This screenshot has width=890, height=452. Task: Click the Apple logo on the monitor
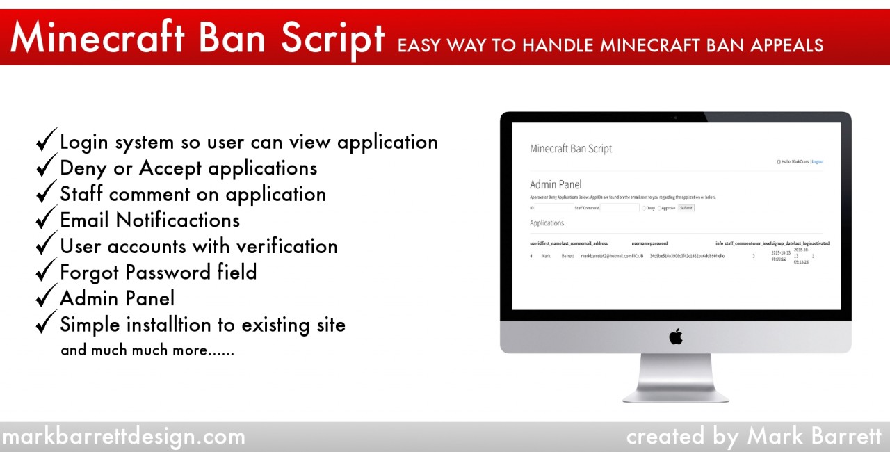(x=676, y=337)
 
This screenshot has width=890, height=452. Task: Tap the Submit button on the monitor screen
(x=686, y=208)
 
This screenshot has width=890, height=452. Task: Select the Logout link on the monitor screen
(x=818, y=161)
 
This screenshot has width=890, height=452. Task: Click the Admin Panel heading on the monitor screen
(x=556, y=184)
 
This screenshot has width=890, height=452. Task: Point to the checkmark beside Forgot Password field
(x=47, y=271)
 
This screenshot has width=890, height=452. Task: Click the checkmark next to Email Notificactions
(x=47, y=219)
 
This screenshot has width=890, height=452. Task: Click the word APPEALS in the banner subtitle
(x=786, y=46)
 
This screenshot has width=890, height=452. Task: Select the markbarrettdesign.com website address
(x=123, y=437)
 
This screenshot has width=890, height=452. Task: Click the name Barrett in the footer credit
(x=839, y=437)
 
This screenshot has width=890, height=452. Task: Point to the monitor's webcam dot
(x=675, y=118)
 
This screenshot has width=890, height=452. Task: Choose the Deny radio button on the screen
(x=644, y=208)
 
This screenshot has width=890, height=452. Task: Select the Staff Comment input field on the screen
(x=620, y=208)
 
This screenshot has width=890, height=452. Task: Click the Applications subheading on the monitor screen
(x=547, y=223)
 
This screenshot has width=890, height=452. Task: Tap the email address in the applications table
(x=606, y=257)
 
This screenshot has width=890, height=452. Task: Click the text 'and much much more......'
(x=147, y=350)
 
